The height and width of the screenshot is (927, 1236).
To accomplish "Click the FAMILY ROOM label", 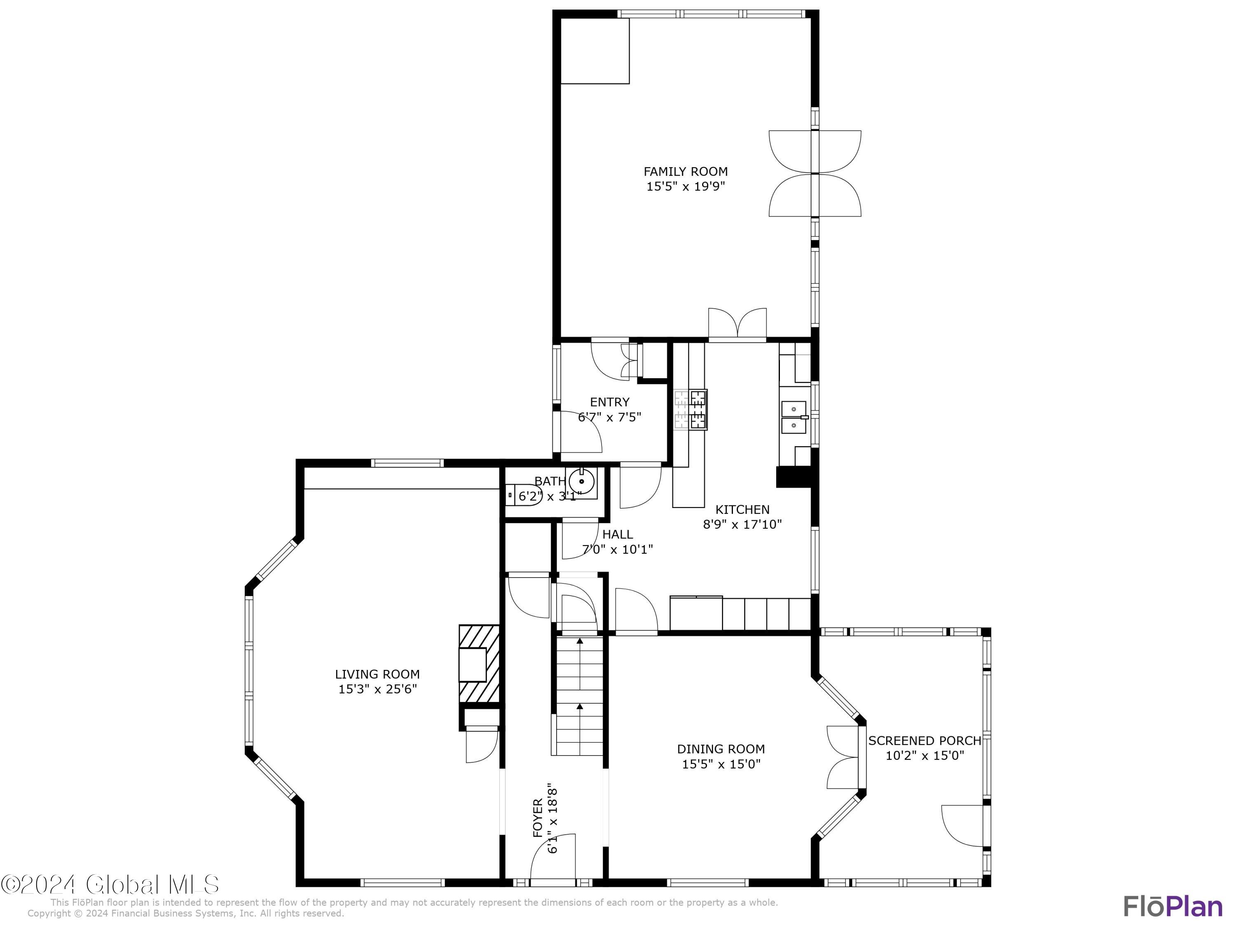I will click(685, 171).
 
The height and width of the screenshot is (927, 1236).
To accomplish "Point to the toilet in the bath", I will click(522, 495).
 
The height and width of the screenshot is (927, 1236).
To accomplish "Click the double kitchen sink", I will click(794, 417).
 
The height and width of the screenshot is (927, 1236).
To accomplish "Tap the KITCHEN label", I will click(742, 510).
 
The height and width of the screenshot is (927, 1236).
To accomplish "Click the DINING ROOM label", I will click(721, 749).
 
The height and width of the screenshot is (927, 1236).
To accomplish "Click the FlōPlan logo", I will click(1173, 906).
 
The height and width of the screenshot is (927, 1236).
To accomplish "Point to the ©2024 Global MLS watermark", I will click(110, 885).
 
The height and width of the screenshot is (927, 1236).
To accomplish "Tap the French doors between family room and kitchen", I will click(737, 324).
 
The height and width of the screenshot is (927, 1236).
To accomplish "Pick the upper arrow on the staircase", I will click(579, 641).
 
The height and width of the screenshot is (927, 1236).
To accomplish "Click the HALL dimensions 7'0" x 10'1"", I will click(618, 549).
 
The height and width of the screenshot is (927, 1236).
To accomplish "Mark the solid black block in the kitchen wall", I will click(793, 477).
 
